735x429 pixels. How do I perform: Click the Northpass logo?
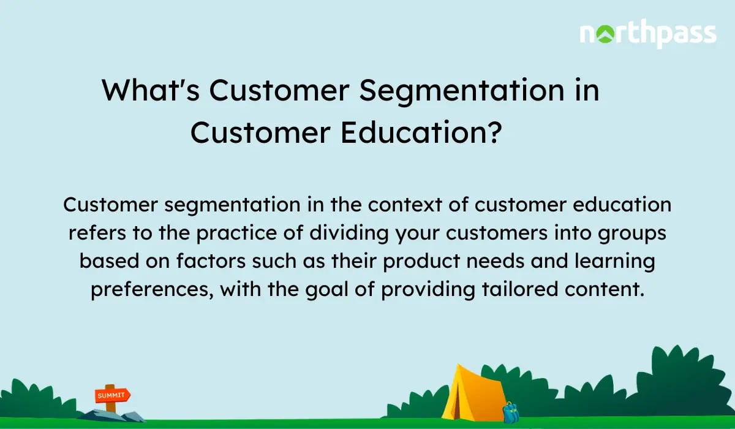tap(647, 34)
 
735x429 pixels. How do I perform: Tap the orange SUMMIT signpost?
tap(111, 395)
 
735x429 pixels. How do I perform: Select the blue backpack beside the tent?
tap(510, 412)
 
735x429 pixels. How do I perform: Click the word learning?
tap(606, 262)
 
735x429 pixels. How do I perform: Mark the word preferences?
tap(151, 290)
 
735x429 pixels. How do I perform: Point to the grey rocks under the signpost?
tap(113, 415)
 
